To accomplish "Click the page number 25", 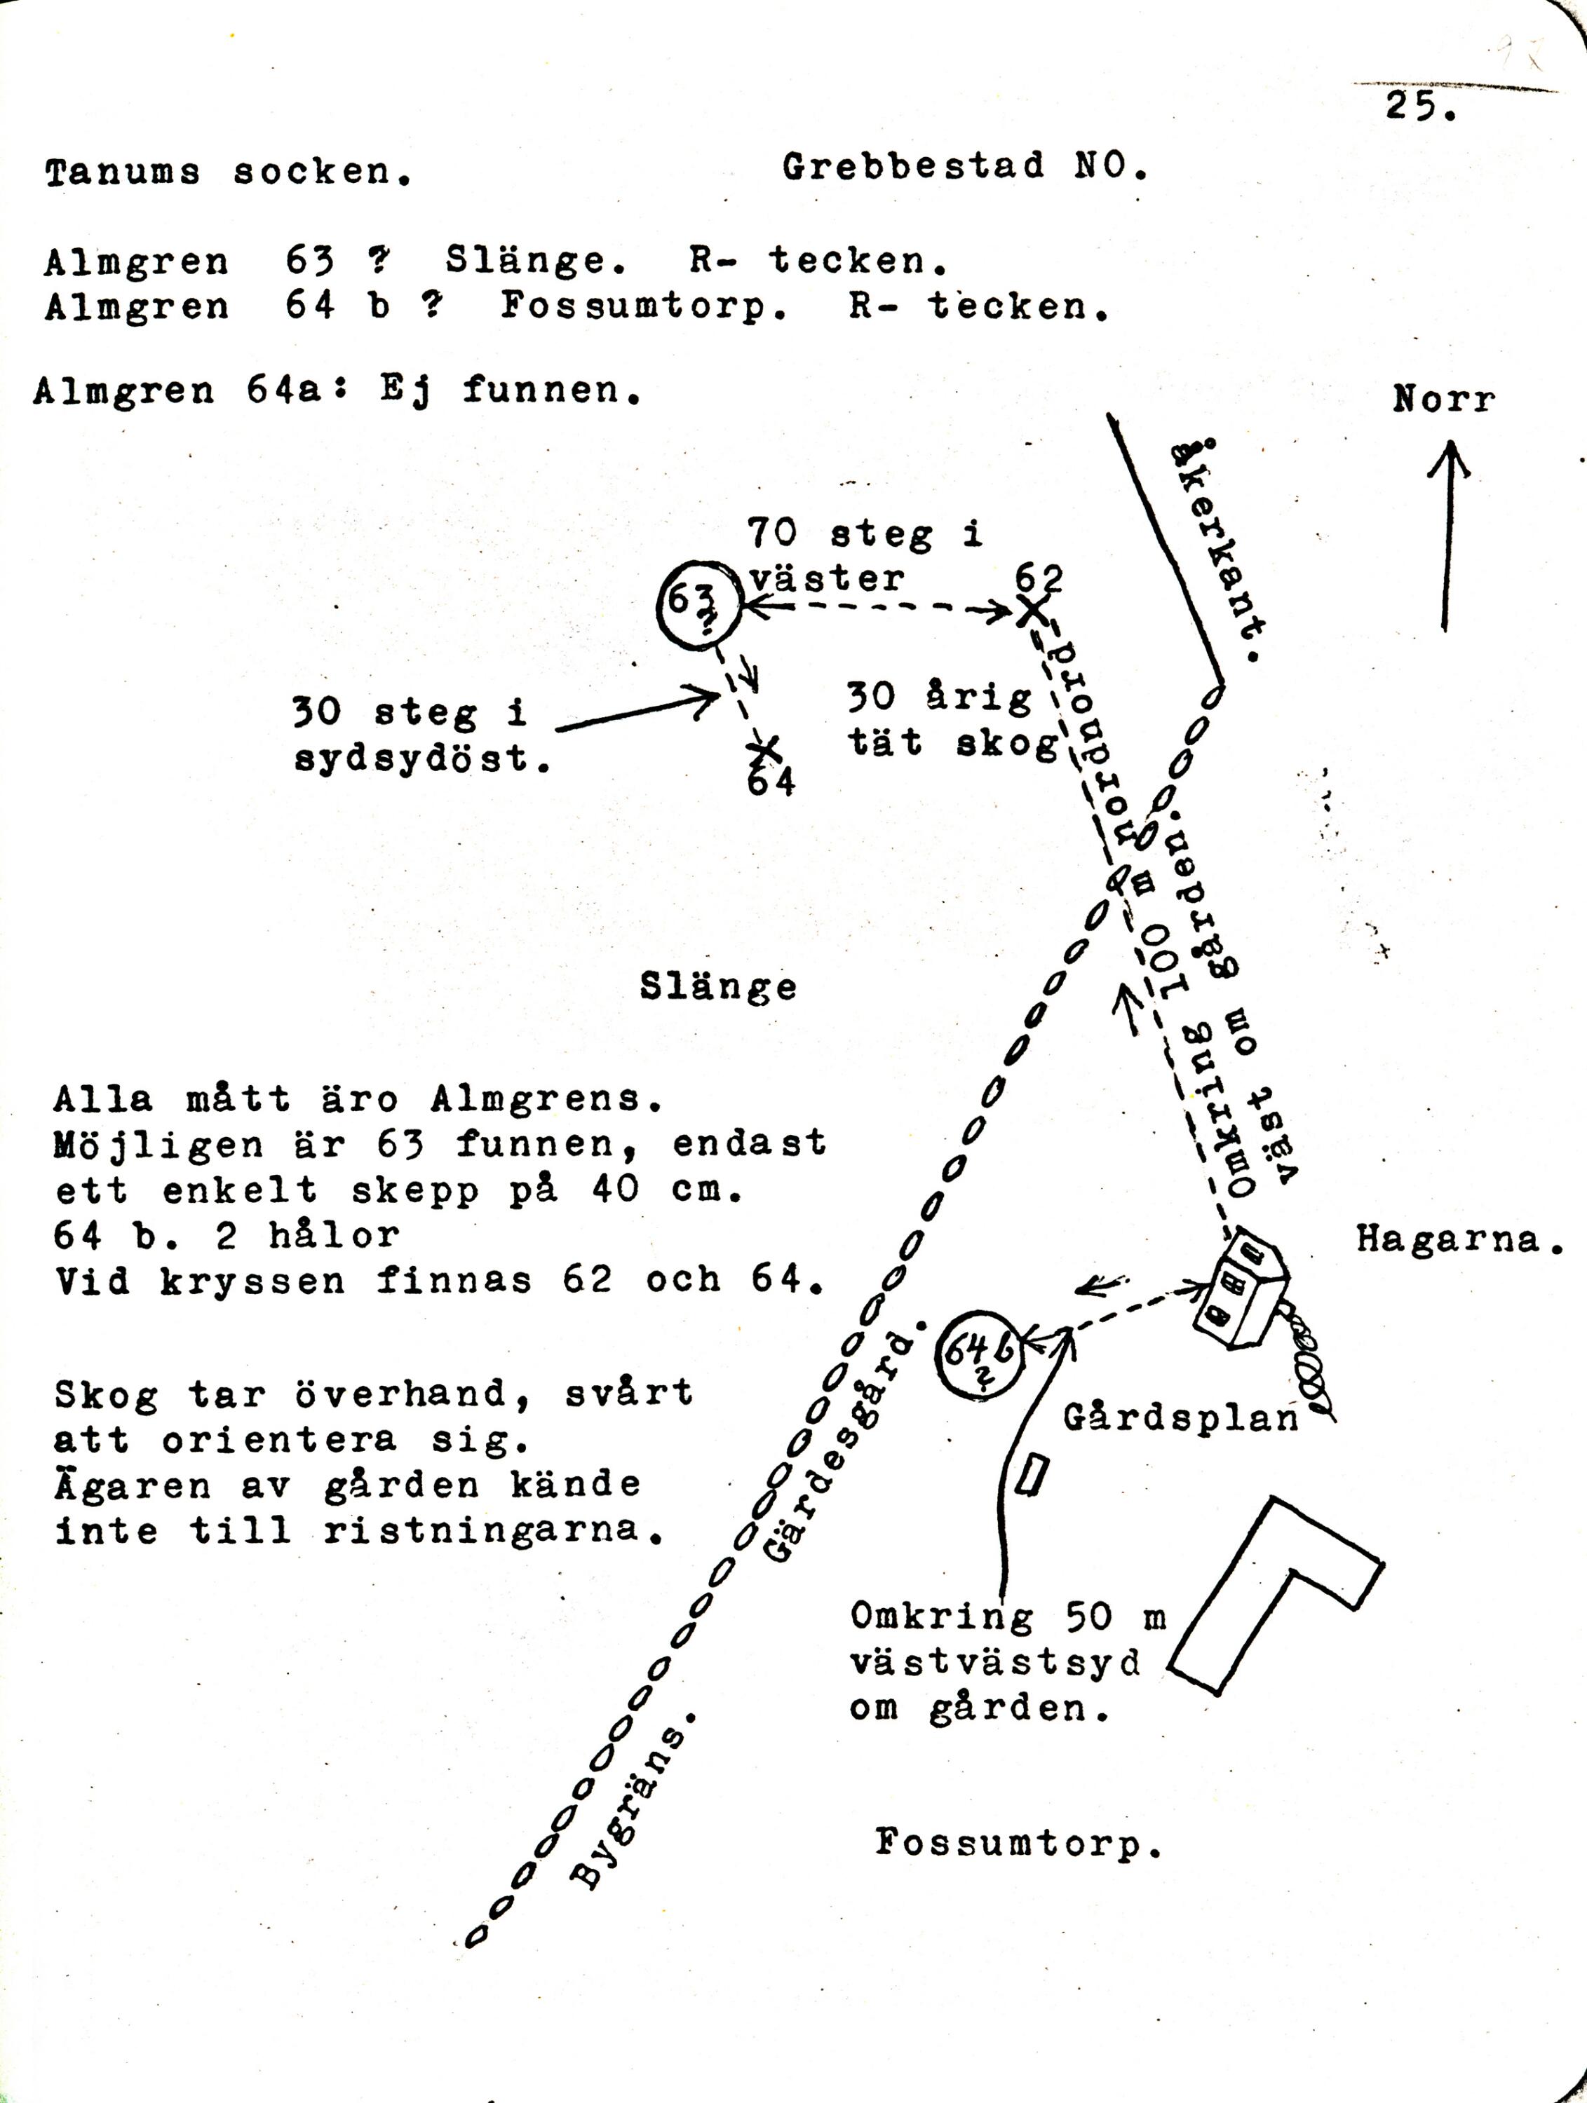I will tap(1419, 106).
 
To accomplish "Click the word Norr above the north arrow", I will tap(1443, 400).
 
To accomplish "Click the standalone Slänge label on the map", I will tap(718, 987).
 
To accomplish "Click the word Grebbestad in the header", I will tap(913, 168).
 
